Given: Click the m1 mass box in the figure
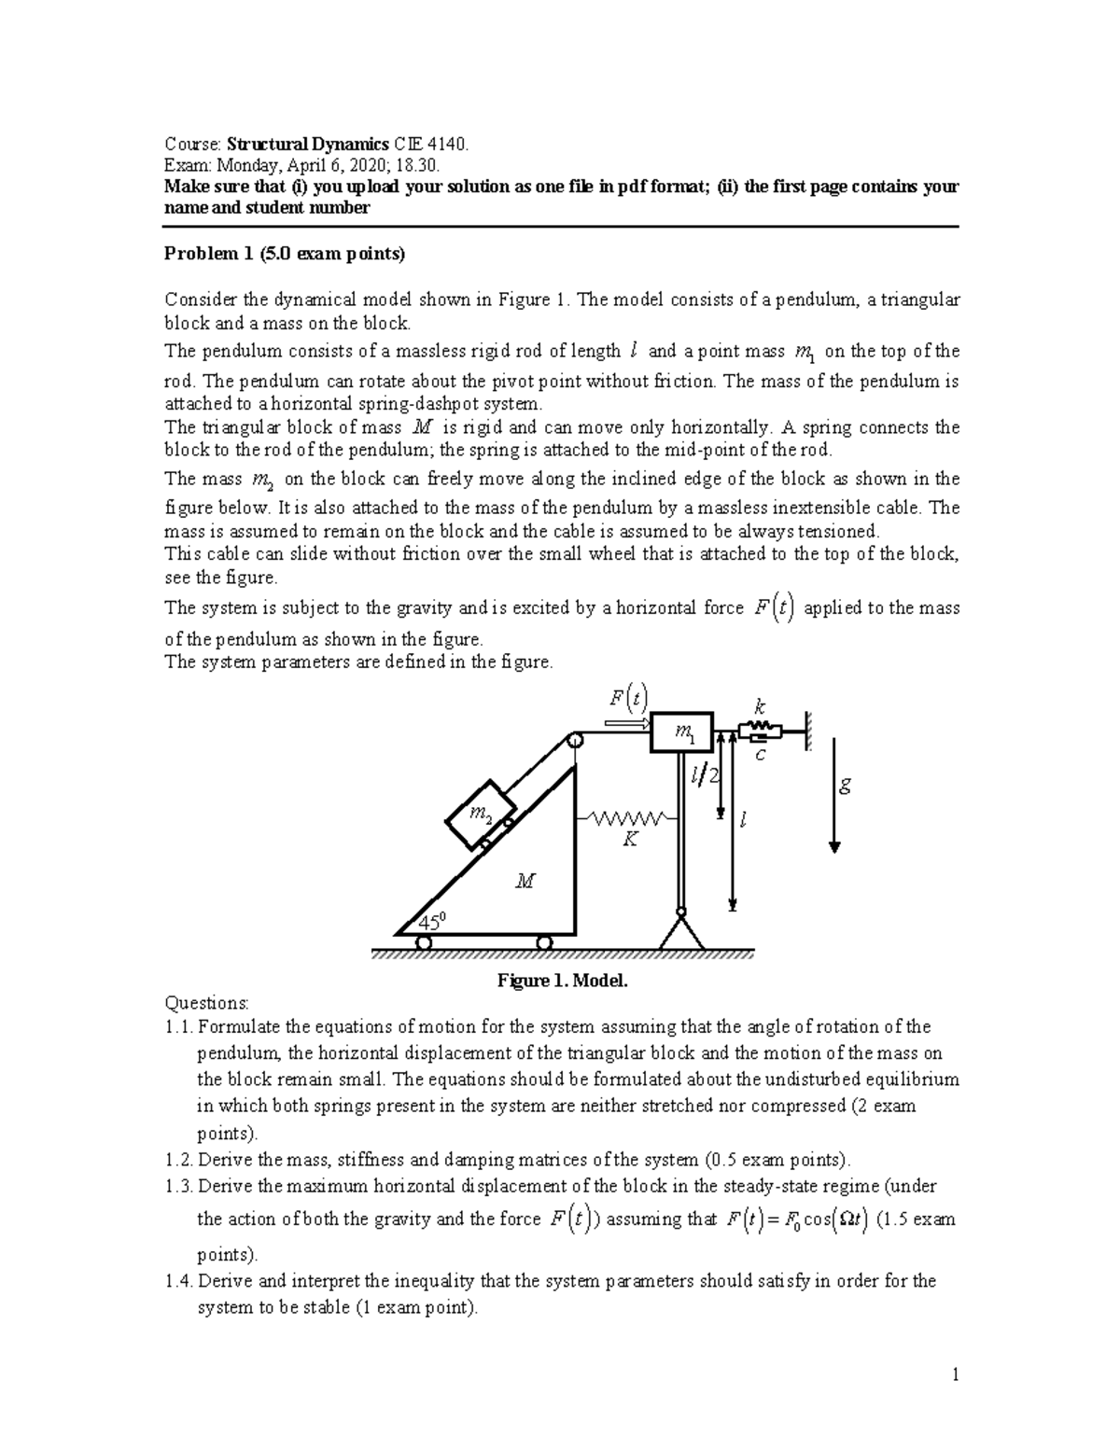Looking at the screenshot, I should point(682,734).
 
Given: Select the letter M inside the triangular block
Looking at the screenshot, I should point(525,880).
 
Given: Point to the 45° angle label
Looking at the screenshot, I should point(431,922).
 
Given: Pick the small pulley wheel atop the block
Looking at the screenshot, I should point(574,741).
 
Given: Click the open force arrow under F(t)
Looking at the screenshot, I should point(627,723).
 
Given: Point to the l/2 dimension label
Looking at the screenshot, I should point(706,775).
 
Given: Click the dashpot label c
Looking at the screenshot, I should point(760,755).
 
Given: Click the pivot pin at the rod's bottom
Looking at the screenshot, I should point(681,912).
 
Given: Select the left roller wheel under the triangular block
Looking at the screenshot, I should point(423,942).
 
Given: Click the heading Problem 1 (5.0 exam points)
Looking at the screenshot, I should point(286,254).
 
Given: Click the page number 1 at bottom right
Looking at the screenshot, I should point(955,1374).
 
